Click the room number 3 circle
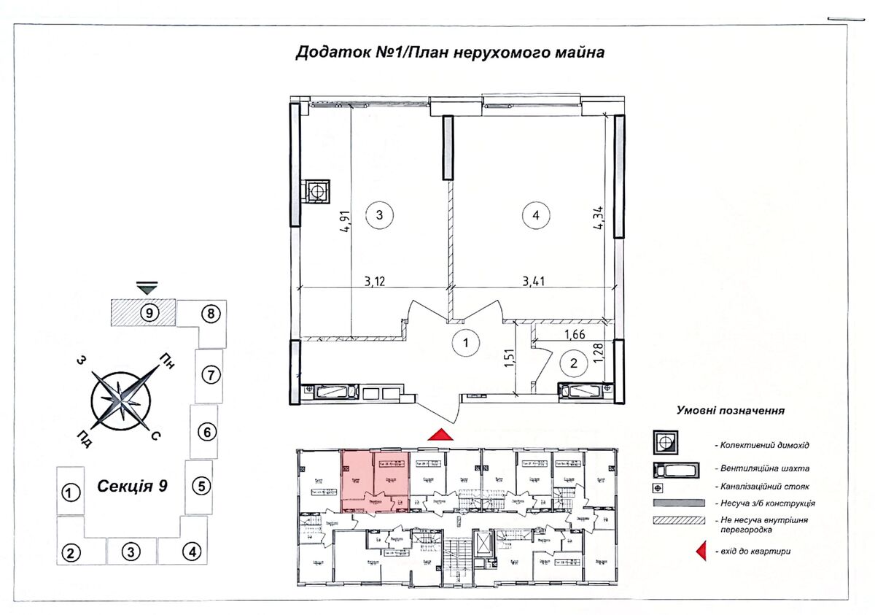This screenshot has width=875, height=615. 379,215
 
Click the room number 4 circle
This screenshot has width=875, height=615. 536,215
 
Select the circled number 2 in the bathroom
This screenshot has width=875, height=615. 574,362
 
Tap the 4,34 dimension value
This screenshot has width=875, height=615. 598,217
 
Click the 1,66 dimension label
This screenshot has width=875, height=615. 576,336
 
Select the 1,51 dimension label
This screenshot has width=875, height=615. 507,360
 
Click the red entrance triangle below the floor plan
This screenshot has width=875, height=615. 440,435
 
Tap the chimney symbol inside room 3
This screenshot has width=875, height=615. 317,191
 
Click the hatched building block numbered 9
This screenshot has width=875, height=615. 144,313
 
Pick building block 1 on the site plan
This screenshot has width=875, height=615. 70,493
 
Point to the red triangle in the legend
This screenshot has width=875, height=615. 701,552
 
